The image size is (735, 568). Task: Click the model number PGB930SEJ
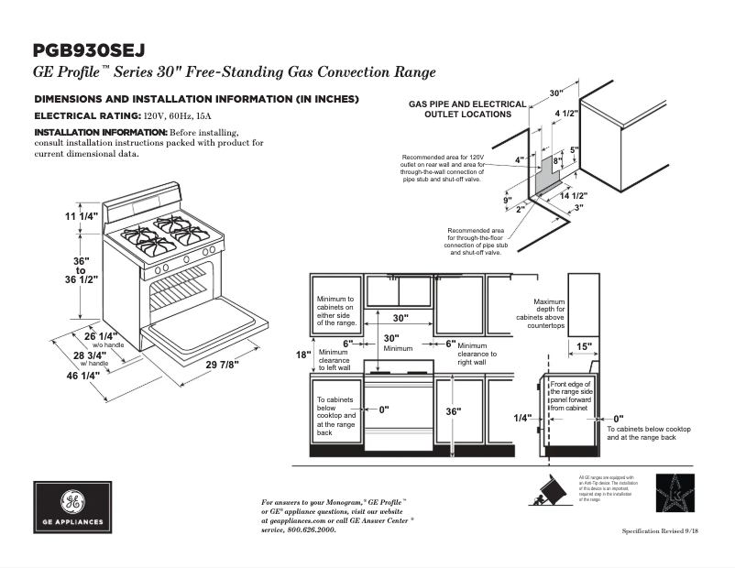click(88, 50)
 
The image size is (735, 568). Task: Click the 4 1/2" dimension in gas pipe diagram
click(565, 114)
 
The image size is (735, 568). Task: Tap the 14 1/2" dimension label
click(573, 196)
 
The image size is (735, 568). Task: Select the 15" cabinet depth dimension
click(584, 346)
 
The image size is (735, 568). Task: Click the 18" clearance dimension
click(304, 355)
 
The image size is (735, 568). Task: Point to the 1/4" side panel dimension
click(522, 417)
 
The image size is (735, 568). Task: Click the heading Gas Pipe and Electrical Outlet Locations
click(467, 109)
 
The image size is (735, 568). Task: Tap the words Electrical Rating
click(87, 116)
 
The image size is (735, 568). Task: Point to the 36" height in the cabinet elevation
click(454, 411)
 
